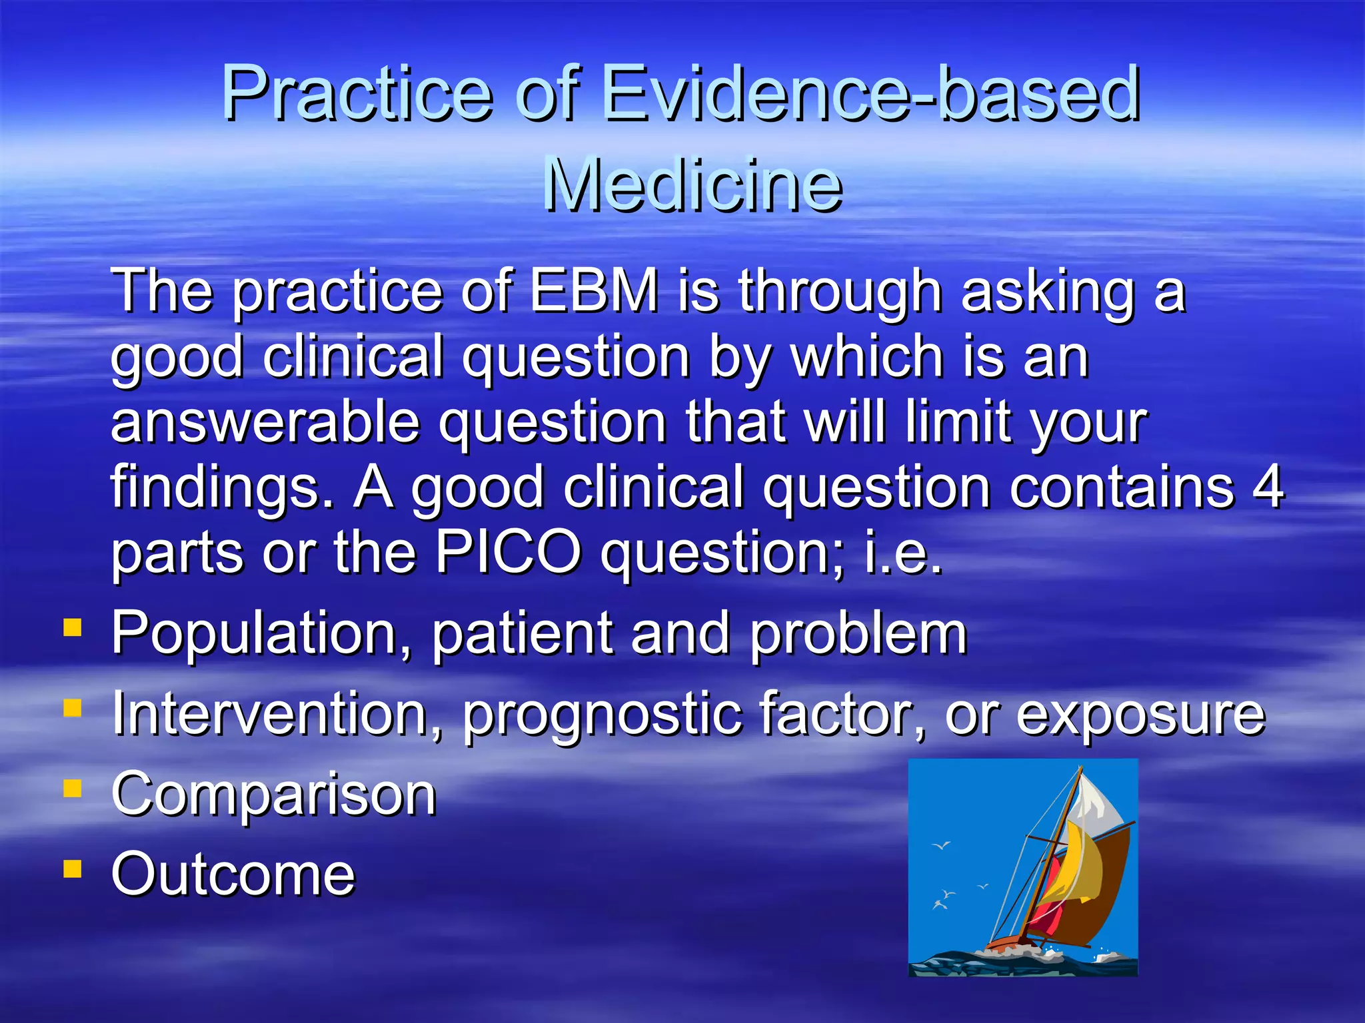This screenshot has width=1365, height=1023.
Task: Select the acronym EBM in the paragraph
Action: click(594, 290)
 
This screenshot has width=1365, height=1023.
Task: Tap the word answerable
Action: click(265, 422)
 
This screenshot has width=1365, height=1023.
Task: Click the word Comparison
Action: click(273, 794)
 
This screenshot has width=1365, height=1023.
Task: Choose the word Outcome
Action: click(233, 874)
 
